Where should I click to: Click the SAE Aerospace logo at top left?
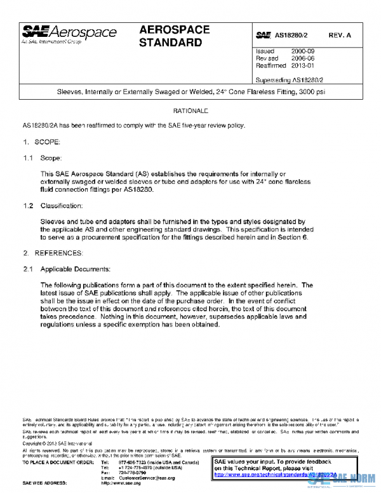pyautogui.click(x=70, y=32)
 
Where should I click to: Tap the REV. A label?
pyautogui.click(x=340, y=36)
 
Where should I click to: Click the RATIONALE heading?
pyautogui.click(x=190, y=111)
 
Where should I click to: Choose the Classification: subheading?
pyautogui.click(x=62, y=206)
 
